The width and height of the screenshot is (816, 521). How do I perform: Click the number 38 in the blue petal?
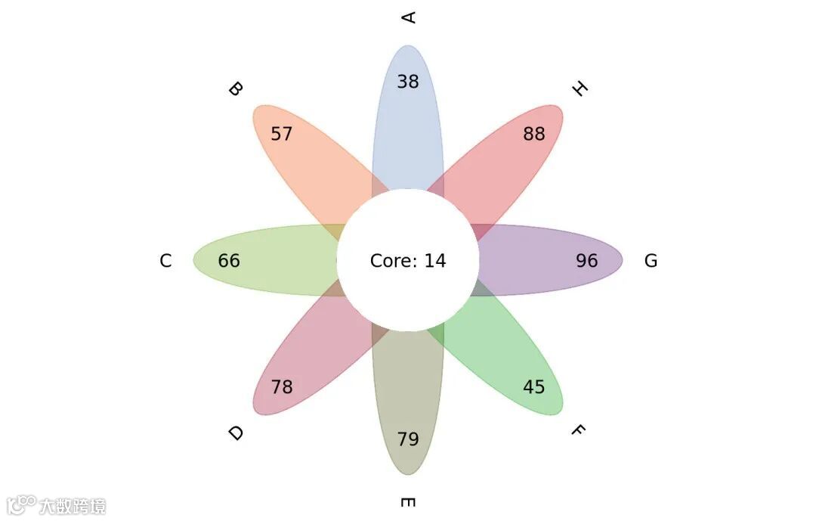pos(408,82)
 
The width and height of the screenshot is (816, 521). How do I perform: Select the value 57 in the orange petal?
pos(282,135)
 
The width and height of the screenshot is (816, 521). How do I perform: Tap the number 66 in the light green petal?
pos(229,261)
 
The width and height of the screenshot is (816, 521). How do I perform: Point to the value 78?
pos(282,387)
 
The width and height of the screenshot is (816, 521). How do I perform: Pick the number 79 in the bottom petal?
pos(408,439)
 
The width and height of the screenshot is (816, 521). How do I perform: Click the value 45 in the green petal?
pos(534,387)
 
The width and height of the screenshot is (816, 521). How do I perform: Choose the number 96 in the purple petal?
pos(587,261)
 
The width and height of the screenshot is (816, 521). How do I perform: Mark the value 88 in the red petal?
pos(534,135)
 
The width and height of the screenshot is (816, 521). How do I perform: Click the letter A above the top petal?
pos(409,17)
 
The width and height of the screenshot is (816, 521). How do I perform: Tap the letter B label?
pos(236,89)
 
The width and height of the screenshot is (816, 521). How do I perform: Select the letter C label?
pos(165,261)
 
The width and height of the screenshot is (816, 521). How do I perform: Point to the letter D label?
pos(236,433)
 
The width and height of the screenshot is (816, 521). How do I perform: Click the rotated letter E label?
pos(408,503)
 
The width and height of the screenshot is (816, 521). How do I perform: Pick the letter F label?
pos(578,431)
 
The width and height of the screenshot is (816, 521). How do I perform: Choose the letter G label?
pos(651,261)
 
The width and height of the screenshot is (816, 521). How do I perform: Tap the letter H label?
pos(580,89)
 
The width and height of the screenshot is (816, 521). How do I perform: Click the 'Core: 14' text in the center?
pos(408,261)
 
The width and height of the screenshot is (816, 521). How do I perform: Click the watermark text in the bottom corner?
pos(73,506)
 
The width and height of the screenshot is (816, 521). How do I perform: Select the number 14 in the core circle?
pos(434,261)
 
